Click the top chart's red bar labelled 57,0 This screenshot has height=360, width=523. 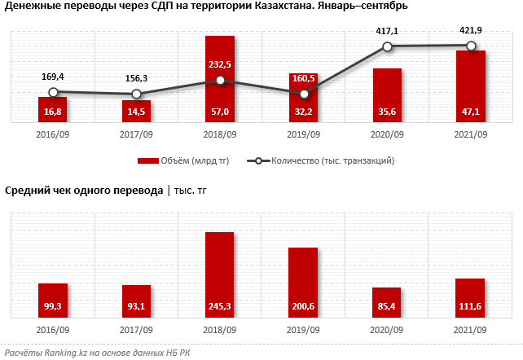point(220,79)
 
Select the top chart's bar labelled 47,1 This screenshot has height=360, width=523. point(471,86)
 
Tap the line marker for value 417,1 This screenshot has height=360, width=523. point(387,47)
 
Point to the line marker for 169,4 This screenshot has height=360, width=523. point(53,93)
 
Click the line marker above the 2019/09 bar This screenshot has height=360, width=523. point(304,94)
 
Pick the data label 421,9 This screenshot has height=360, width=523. point(471,30)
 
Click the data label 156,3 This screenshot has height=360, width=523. point(136,78)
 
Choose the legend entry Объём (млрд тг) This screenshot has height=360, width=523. point(182,161)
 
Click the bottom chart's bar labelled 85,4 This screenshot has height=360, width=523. point(387,302)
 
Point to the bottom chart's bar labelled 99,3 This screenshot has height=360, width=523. point(53,301)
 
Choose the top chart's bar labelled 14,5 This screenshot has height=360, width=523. point(136,111)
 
